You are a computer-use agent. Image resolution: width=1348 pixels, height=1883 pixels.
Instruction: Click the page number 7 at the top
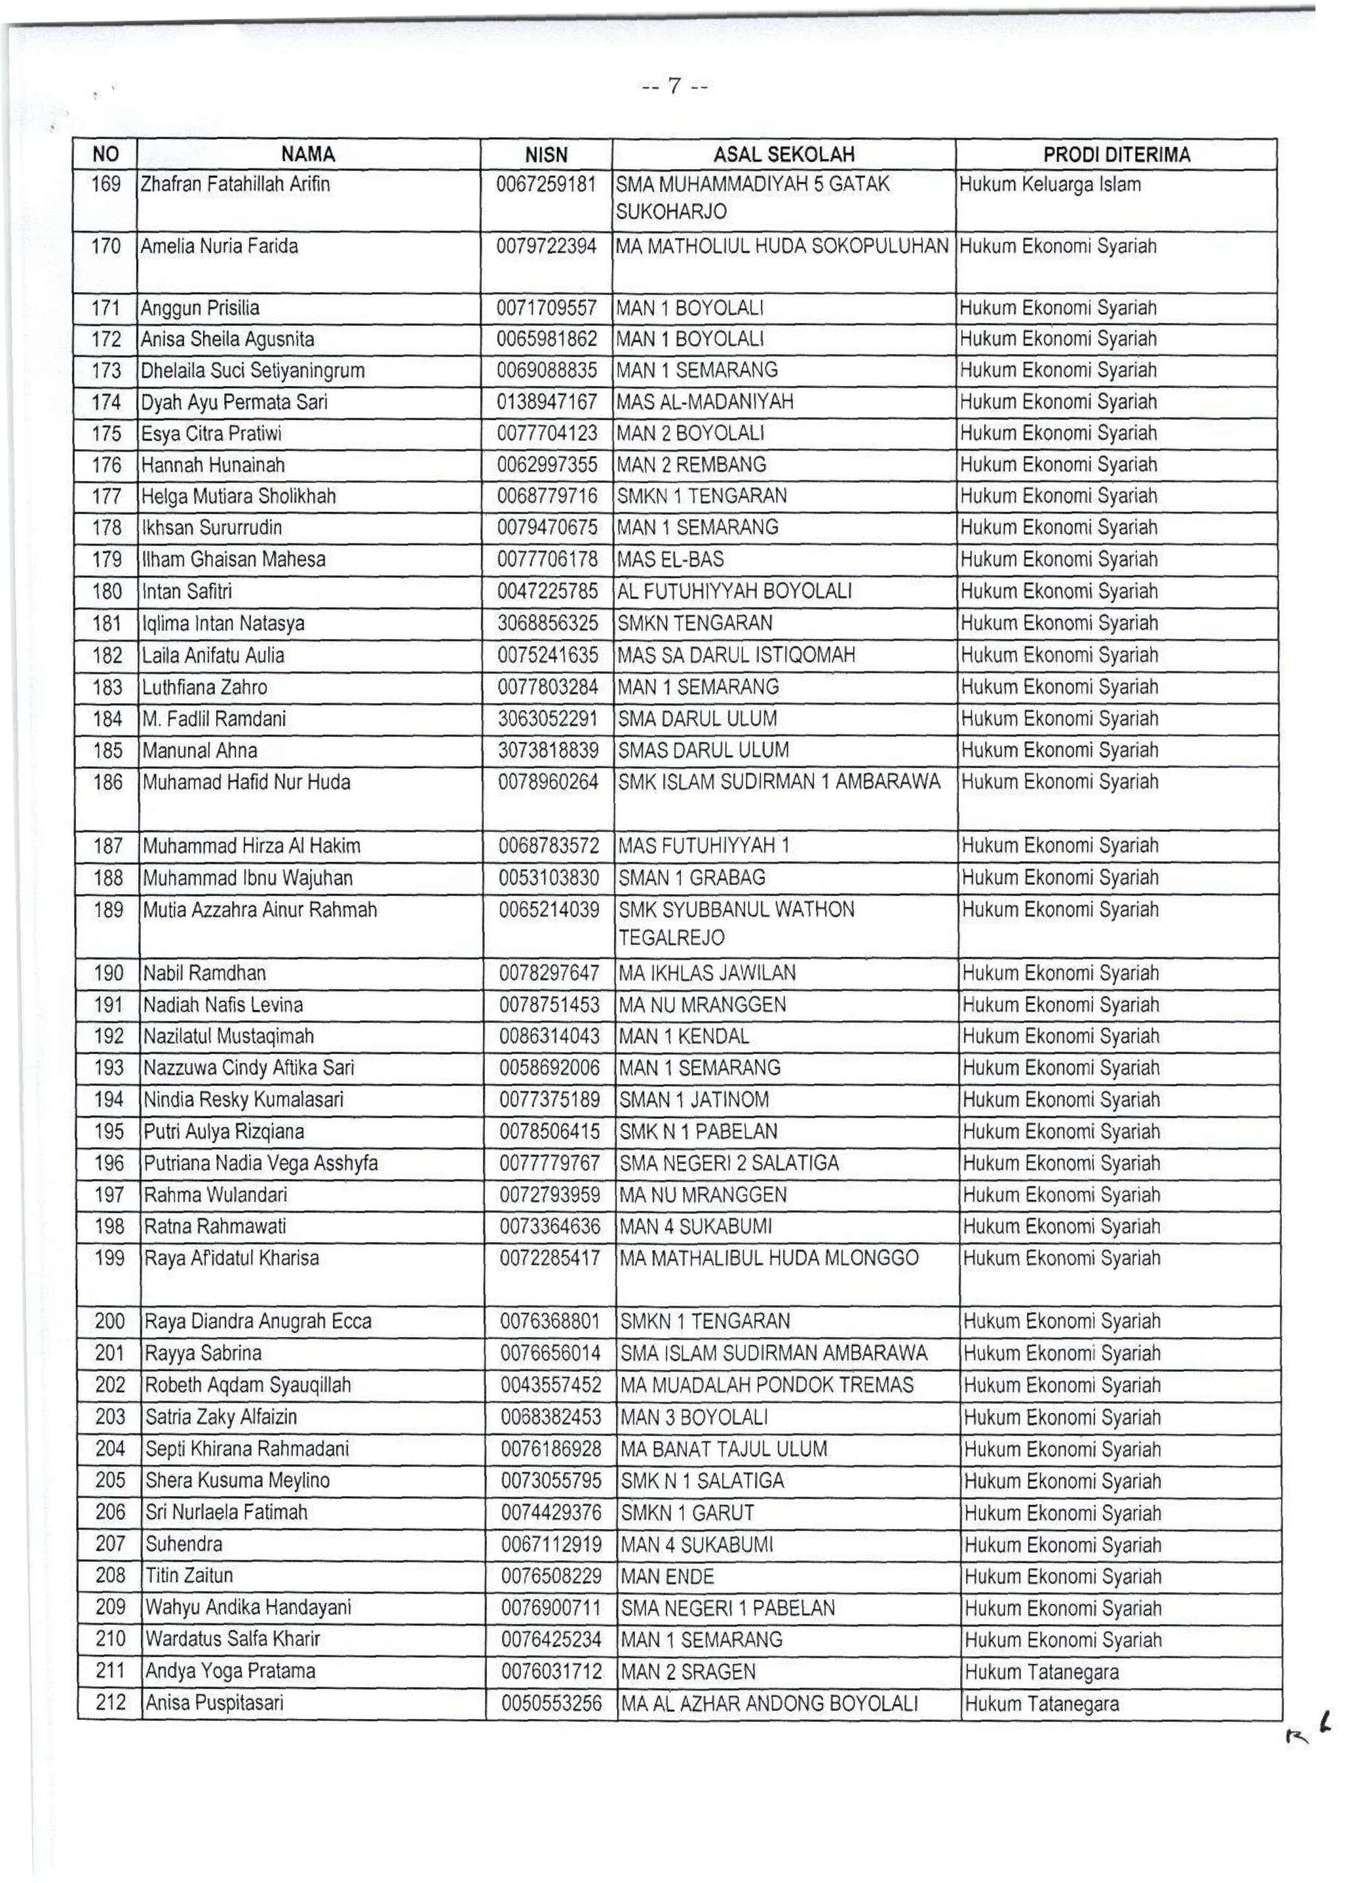pyautogui.click(x=674, y=85)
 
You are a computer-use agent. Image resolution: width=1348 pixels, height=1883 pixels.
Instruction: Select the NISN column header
pyautogui.click(x=547, y=154)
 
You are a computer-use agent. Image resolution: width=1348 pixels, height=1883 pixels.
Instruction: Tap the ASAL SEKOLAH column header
pyautogui.click(x=783, y=154)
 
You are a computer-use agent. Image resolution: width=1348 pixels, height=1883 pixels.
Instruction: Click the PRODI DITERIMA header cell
pyautogui.click(x=1116, y=154)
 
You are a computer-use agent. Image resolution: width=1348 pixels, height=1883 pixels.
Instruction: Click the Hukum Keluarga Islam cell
pyautogui.click(x=1050, y=185)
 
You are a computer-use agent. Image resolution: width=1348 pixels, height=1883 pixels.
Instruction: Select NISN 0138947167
pyautogui.click(x=547, y=402)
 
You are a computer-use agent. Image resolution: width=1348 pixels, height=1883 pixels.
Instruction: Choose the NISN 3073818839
pyautogui.click(x=548, y=750)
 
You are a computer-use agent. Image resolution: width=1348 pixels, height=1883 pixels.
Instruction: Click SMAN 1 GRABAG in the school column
pyautogui.click(x=692, y=878)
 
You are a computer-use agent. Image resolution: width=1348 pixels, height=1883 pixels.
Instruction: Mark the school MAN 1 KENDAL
pyautogui.click(x=684, y=1036)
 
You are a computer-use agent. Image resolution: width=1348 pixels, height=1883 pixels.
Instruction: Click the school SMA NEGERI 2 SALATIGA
pyautogui.click(x=730, y=1163)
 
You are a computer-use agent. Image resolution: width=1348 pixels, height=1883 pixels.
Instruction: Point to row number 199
pyautogui.click(x=109, y=1259)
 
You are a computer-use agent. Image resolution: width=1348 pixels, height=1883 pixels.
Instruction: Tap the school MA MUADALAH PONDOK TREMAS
pyautogui.click(x=767, y=1386)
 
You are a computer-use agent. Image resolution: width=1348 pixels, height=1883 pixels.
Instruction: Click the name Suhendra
pyautogui.click(x=183, y=1544)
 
